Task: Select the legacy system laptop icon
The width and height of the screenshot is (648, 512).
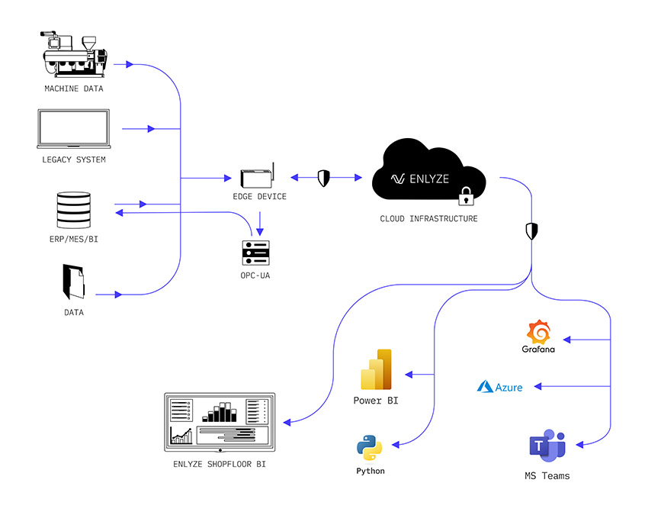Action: (x=73, y=129)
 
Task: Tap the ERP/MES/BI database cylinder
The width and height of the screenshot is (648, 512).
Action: (x=73, y=210)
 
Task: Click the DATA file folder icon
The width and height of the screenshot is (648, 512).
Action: (x=73, y=282)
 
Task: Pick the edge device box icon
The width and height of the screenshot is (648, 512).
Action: (x=258, y=175)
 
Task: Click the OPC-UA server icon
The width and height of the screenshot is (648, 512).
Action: (x=256, y=253)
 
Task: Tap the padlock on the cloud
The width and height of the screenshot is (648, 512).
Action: (x=466, y=196)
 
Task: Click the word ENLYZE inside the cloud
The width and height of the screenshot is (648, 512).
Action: (x=429, y=179)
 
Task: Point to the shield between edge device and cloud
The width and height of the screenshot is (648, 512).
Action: (x=323, y=179)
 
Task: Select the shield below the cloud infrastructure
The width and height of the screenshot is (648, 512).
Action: (x=531, y=231)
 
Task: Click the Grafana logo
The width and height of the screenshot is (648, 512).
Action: (x=538, y=337)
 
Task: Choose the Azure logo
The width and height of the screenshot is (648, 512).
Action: (x=499, y=387)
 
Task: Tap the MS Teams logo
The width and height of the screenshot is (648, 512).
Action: (x=547, y=446)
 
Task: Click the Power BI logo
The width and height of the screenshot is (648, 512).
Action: (x=376, y=369)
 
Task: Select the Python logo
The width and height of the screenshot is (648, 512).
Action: (x=370, y=448)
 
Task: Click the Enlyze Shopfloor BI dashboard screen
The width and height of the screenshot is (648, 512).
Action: (x=220, y=422)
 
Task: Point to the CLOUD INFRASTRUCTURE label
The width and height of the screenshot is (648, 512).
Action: (x=428, y=219)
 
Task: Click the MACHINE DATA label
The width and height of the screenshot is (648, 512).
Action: (x=74, y=89)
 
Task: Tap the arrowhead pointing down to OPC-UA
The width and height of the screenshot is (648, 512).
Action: (x=260, y=232)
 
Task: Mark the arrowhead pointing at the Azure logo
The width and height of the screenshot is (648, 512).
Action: (x=537, y=386)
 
